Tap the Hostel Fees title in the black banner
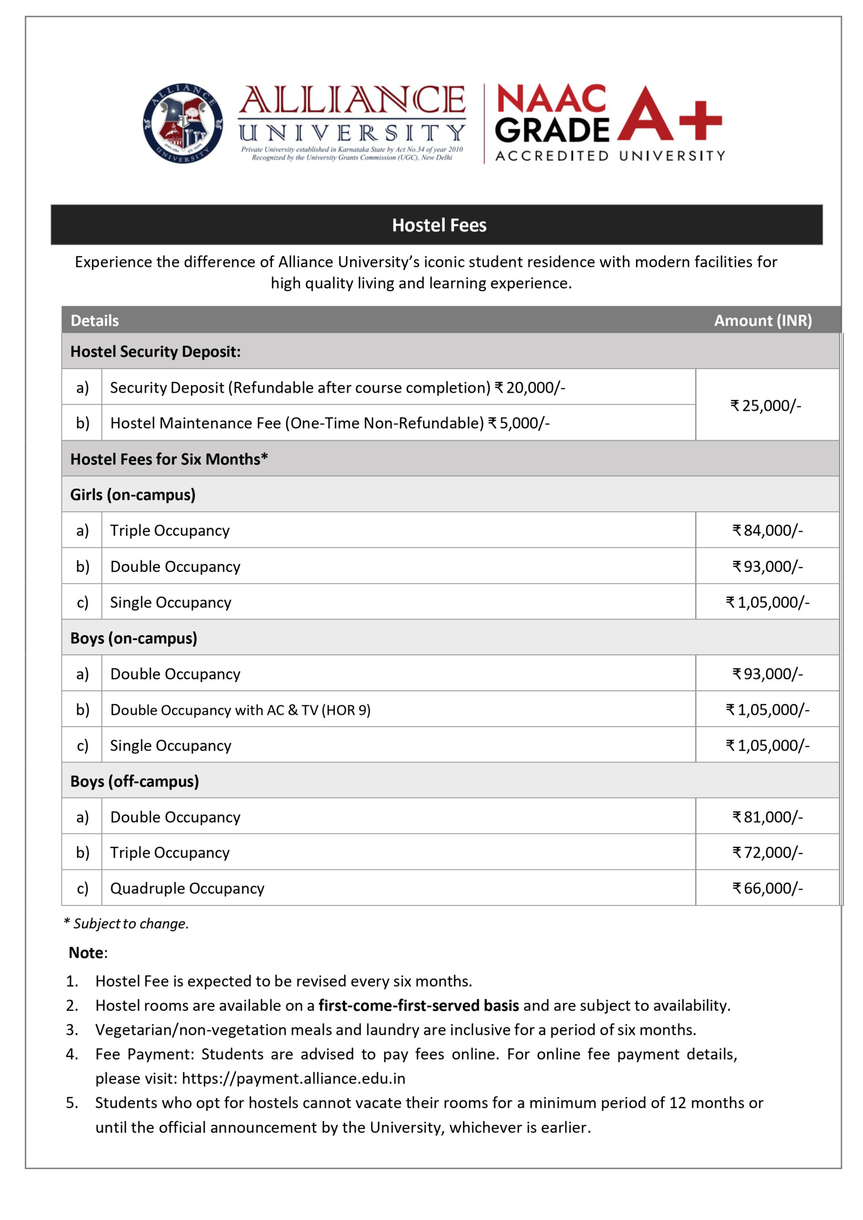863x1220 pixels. click(438, 225)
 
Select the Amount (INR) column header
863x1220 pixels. click(762, 320)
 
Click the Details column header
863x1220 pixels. click(94, 320)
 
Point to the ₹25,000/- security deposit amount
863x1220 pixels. click(765, 406)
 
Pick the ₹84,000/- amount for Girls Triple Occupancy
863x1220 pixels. click(767, 530)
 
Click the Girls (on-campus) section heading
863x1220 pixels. click(133, 495)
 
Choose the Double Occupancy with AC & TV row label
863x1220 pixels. click(240, 710)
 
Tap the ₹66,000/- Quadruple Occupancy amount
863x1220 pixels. click(767, 888)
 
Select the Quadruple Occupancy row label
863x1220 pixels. click(187, 888)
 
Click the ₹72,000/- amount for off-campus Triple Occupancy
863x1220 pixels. click(767, 852)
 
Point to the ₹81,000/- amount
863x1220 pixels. click(767, 817)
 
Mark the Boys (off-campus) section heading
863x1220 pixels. click(134, 781)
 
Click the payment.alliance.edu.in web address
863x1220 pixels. click(294, 1078)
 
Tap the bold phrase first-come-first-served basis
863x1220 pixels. click(418, 1006)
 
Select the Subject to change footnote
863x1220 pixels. click(126, 924)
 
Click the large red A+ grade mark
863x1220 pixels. click(669, 114)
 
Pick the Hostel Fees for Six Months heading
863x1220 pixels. click(169, 459)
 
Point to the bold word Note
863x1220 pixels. click(86, 953)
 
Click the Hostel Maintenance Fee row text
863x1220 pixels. click(329, 423)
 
